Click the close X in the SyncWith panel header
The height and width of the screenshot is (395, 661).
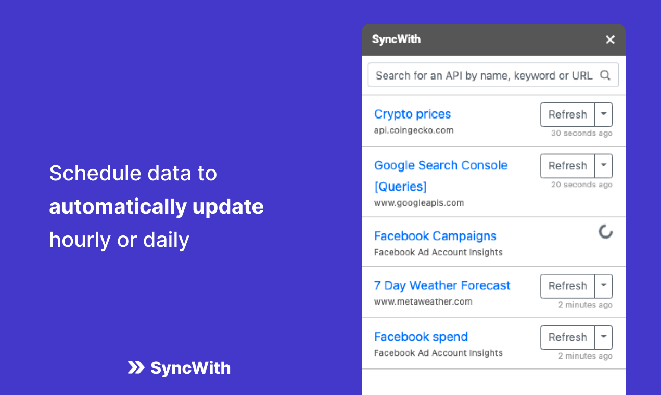tap(611, 39)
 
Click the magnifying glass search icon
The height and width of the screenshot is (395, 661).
tap(605, 75)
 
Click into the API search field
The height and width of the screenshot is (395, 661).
tap(484, 75)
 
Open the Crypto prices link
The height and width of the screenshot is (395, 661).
tap(412, 114)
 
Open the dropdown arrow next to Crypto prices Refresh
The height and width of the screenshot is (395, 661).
tap(604, 114)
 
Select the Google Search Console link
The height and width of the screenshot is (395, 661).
tap(440, 165)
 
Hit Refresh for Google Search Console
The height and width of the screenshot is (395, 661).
tap(567, 166)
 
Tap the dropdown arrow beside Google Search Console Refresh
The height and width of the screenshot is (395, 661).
tap(604, 166)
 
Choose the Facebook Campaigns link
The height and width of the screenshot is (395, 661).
tap(435, 236)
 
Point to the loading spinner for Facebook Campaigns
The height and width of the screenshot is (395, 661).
tap(605, 232)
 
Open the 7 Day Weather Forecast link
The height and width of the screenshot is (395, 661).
tap(442, 285)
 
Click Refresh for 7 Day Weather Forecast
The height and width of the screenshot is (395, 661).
tap(567, 286)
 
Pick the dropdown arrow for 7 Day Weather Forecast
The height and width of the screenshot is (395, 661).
tap(604, 286)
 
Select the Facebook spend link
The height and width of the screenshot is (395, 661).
tap(421, 337)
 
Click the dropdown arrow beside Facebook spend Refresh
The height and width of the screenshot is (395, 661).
tap(604, 337)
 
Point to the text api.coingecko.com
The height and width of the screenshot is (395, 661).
tap(413, 130)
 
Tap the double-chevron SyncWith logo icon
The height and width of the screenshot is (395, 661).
tap(136, 368)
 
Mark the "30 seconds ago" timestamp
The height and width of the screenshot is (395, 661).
tap(581, 134)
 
